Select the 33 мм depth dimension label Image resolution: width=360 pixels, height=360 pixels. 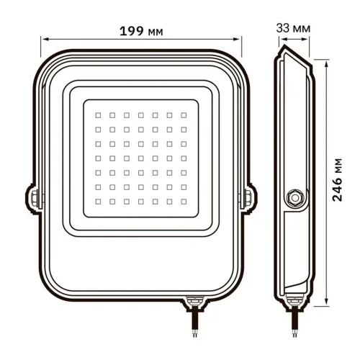294,28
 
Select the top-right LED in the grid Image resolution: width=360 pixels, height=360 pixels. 183,114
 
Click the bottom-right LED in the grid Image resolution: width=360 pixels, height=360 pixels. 183,199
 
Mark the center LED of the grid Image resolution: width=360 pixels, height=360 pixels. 140,156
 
